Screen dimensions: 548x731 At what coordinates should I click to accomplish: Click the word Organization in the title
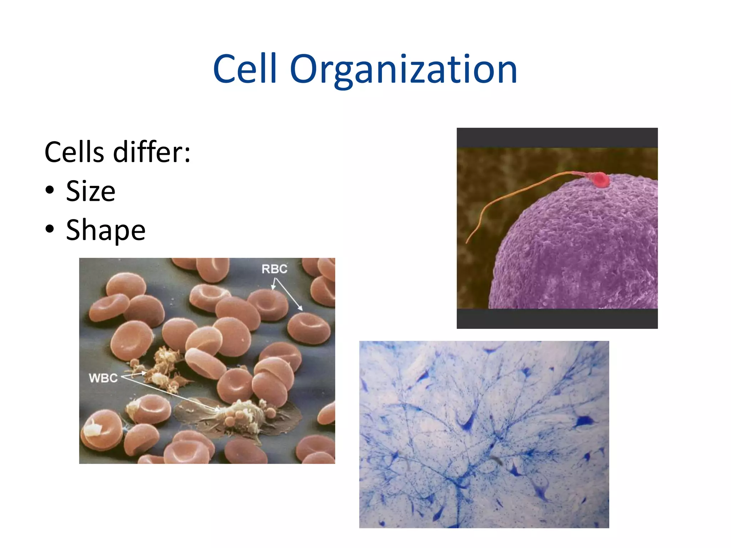(x=403, y=70)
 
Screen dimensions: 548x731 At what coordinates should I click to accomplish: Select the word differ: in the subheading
(x=152, y=152)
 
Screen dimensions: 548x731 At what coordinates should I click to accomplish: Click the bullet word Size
(x=91, y=192)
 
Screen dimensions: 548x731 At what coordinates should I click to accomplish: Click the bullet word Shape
(x=106, y=230)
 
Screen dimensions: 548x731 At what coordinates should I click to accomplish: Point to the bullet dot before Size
(x=50, y=190)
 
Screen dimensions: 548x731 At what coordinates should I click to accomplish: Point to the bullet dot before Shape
(x=50, y=229)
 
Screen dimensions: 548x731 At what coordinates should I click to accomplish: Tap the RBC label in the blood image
(x=274, y=269)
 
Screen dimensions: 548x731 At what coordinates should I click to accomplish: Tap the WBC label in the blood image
(x=103, y=378)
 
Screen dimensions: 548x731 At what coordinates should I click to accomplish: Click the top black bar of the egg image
(x=557, y=137)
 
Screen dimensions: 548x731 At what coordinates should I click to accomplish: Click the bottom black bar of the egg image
(x=557, y=319)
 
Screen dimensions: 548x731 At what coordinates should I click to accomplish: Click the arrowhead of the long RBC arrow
(x=301, y=309)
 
